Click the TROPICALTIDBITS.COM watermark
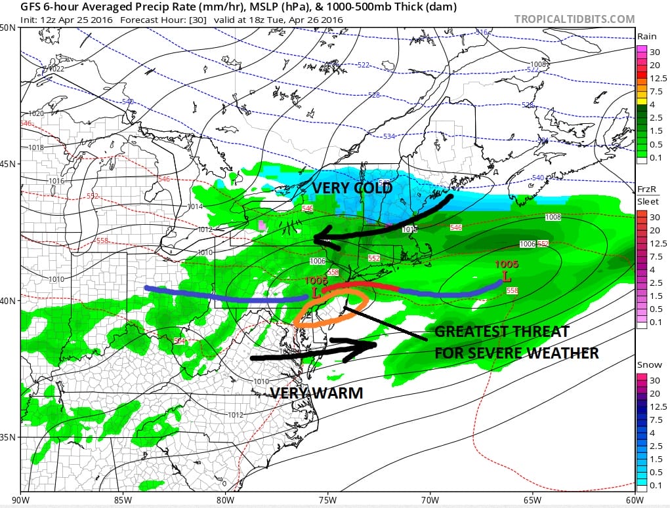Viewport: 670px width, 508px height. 574,19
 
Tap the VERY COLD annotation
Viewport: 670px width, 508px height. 352,188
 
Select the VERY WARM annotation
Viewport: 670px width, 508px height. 316,393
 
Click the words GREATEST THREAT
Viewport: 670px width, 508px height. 502,332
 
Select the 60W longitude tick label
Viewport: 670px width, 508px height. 635,499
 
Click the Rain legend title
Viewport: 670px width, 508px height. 646,37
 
